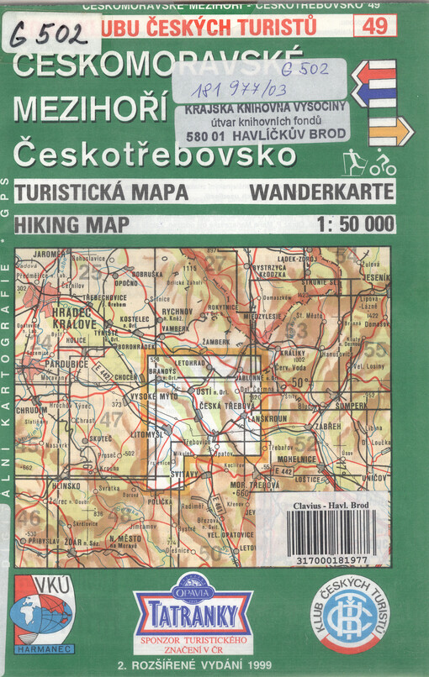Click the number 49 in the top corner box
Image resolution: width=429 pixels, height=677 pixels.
pyautogui.click(x=376, y=26)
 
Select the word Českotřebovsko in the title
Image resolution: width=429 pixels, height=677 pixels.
pyautogui.click(x=155, y=153)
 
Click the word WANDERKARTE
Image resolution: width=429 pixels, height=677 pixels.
pyautogui.click(x=322, y=192)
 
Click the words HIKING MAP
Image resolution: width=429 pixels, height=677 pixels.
pyautogui.click(x=71, y=224)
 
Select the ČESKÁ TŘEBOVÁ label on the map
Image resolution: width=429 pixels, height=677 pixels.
pyautogui.click(x=225, y=407)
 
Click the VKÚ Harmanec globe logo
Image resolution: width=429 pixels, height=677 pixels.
pyautogui.click(x=45, y=611)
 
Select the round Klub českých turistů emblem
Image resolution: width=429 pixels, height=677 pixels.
pyautogui.click(x=348, y=618)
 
